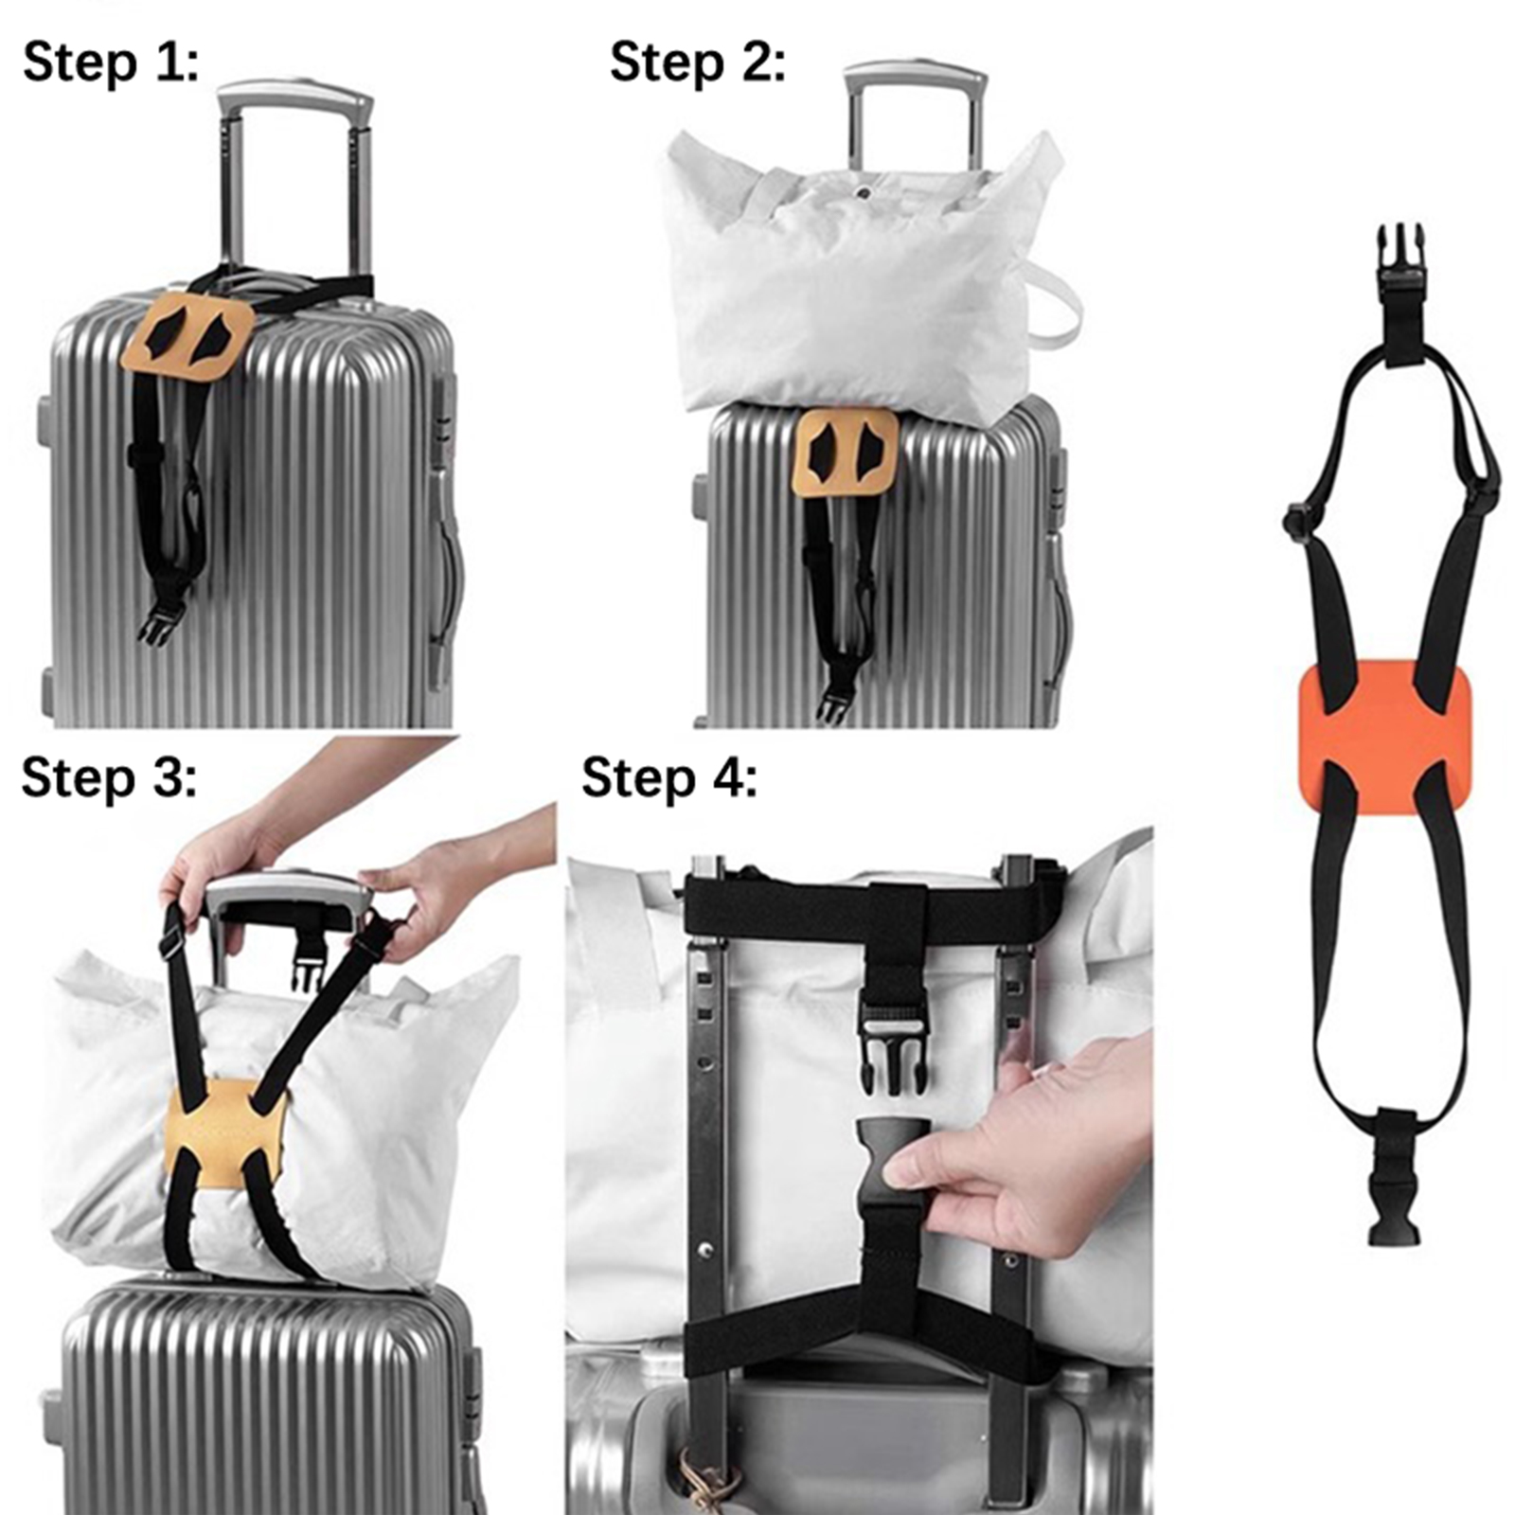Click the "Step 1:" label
point(111,63)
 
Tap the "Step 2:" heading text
point(697,63)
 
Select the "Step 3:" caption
point(109,778)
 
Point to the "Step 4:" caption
point(669,778)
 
